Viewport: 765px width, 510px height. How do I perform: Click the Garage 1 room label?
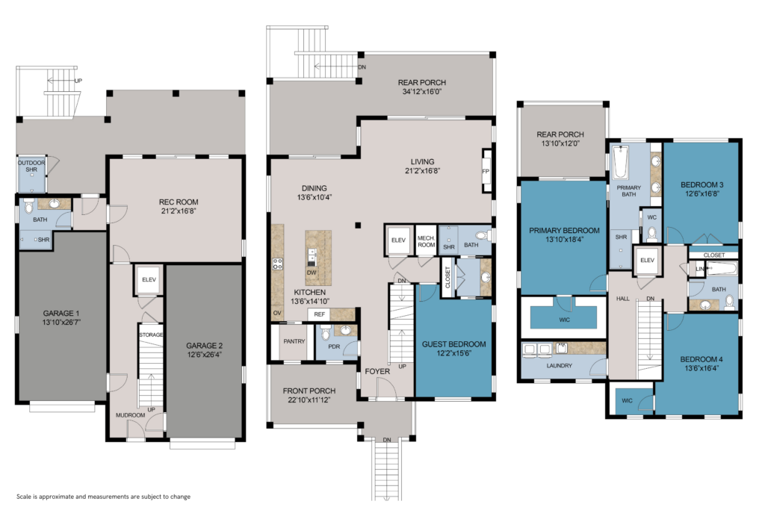pyautogui.click(x=61, y=314)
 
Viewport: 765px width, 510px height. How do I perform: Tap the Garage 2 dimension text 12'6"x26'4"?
pyautogui.click(x=205, y=355)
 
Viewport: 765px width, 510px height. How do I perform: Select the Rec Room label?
pyautogui.click(x=179, y=202)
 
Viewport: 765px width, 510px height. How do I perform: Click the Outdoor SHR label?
pyautogui.click(x=31, y=167)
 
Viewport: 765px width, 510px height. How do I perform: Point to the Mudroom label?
pyautogui.click(x=130, y=415)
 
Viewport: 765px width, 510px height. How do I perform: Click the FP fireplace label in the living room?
pyautogui.click(x=486, y=172)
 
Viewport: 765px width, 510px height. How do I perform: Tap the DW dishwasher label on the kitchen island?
pyautogui.click(x=312, y=273)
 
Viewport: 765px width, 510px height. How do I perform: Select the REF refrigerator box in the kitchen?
pyautogui.click(x=319, y=314)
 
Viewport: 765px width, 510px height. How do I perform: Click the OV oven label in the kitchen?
pyautogui.click(x=277, y=313)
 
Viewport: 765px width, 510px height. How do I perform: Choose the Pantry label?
pyautogui.click(x=294, y=341)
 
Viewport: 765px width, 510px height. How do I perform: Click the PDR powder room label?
pyautogui.click(x=334, y=346)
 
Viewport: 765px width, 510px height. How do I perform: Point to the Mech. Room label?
pyautogui.click(x=426, y=241)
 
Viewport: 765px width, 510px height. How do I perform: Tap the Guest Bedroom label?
pyautogui.click(x=453, y=344)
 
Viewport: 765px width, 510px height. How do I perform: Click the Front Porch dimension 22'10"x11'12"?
pyautogui.click(x=309, y=399)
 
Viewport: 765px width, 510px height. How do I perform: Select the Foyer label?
pyautogui.click(x=377, y=372)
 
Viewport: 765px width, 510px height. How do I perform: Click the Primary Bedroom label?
pyautogui.click(x=565, y=231)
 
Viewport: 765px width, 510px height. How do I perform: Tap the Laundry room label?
pyautogui.click(x=559, y=366)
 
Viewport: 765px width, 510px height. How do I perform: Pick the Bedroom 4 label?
pyautogui.click(x=701, y=359)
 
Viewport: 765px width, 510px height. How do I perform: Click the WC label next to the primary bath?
pyautogui.click(x=651, y=217)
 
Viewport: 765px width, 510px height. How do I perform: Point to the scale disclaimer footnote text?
pyautogui.click(x=103, y=497)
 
